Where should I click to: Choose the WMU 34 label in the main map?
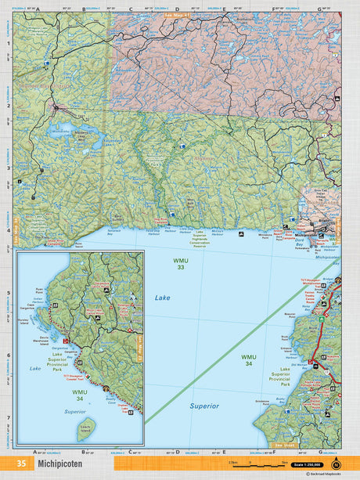pyautogui.click(x=247, y=359)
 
